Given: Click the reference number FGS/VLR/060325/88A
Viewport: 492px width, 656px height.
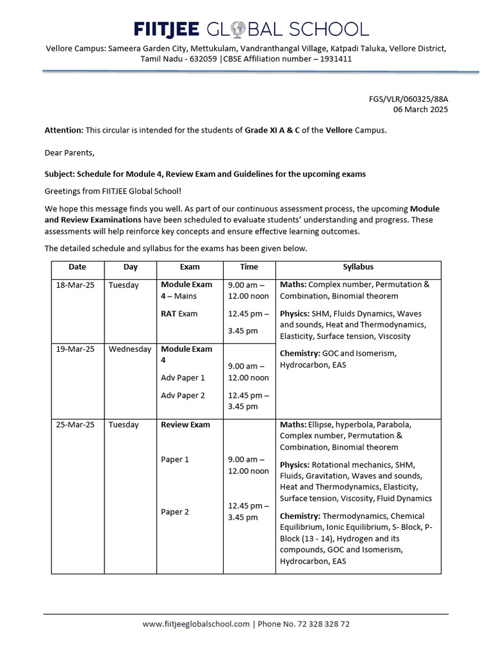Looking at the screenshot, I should (408, 99).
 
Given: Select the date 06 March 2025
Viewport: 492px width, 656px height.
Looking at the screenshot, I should (420, 109).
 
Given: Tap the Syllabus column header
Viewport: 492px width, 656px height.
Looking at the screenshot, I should (358, 267).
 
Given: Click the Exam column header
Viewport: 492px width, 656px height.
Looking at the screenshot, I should (190, 267).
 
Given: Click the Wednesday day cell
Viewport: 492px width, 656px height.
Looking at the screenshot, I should (130, 349).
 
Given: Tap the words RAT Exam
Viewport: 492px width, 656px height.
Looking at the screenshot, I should (179, 314).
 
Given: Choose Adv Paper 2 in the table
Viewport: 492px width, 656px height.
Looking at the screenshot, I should (183, 395).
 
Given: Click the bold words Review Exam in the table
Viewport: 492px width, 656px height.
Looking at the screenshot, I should (185, 425).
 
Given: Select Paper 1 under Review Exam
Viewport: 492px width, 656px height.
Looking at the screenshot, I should (175, 459).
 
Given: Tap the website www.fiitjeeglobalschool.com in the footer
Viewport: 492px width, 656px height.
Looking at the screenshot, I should (196, 624).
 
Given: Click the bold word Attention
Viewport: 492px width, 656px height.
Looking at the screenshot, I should (63, 130).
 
